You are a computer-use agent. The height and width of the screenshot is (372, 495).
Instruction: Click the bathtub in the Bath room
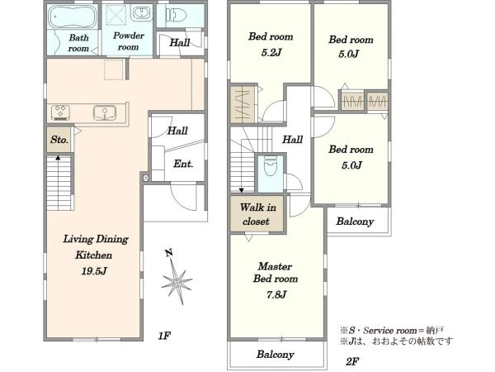pos(72,17)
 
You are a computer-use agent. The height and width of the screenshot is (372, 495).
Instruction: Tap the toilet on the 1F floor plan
pos(177,15)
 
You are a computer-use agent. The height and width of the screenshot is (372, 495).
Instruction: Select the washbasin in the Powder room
pos(141,13)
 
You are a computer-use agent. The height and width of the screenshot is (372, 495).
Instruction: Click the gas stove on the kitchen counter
pos(60,112)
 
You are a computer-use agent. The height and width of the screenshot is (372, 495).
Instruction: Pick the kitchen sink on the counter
pos(105,113)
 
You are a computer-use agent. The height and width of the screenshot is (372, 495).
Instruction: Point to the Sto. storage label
pos(59,139)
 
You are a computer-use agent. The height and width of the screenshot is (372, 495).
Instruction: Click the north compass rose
pos(177,280)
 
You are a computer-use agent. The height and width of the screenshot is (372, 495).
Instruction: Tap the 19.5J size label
pos(94,271)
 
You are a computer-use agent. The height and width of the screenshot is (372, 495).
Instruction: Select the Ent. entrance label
pos(183,164)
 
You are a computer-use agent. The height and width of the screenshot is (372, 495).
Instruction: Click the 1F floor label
pos(164,336)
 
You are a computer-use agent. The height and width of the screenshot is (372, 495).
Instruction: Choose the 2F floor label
pos(352,361)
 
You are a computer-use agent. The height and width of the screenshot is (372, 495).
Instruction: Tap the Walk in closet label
pos(257,214)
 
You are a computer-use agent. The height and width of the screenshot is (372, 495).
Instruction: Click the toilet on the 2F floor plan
pos(270,165)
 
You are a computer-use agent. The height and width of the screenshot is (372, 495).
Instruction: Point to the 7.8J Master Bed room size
pos(276,295)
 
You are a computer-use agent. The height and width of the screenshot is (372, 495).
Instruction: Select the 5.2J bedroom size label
pos(271,53)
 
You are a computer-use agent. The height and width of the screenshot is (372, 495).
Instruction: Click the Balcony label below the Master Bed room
pos(275,355)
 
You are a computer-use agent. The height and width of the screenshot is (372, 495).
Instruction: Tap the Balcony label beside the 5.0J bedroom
pos(355,221)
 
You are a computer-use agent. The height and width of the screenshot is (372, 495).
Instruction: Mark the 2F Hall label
pos(293,139)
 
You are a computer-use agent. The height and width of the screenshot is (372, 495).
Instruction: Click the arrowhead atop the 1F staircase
pos(58,157)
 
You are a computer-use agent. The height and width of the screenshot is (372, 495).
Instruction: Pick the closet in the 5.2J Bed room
pos(243,104)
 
